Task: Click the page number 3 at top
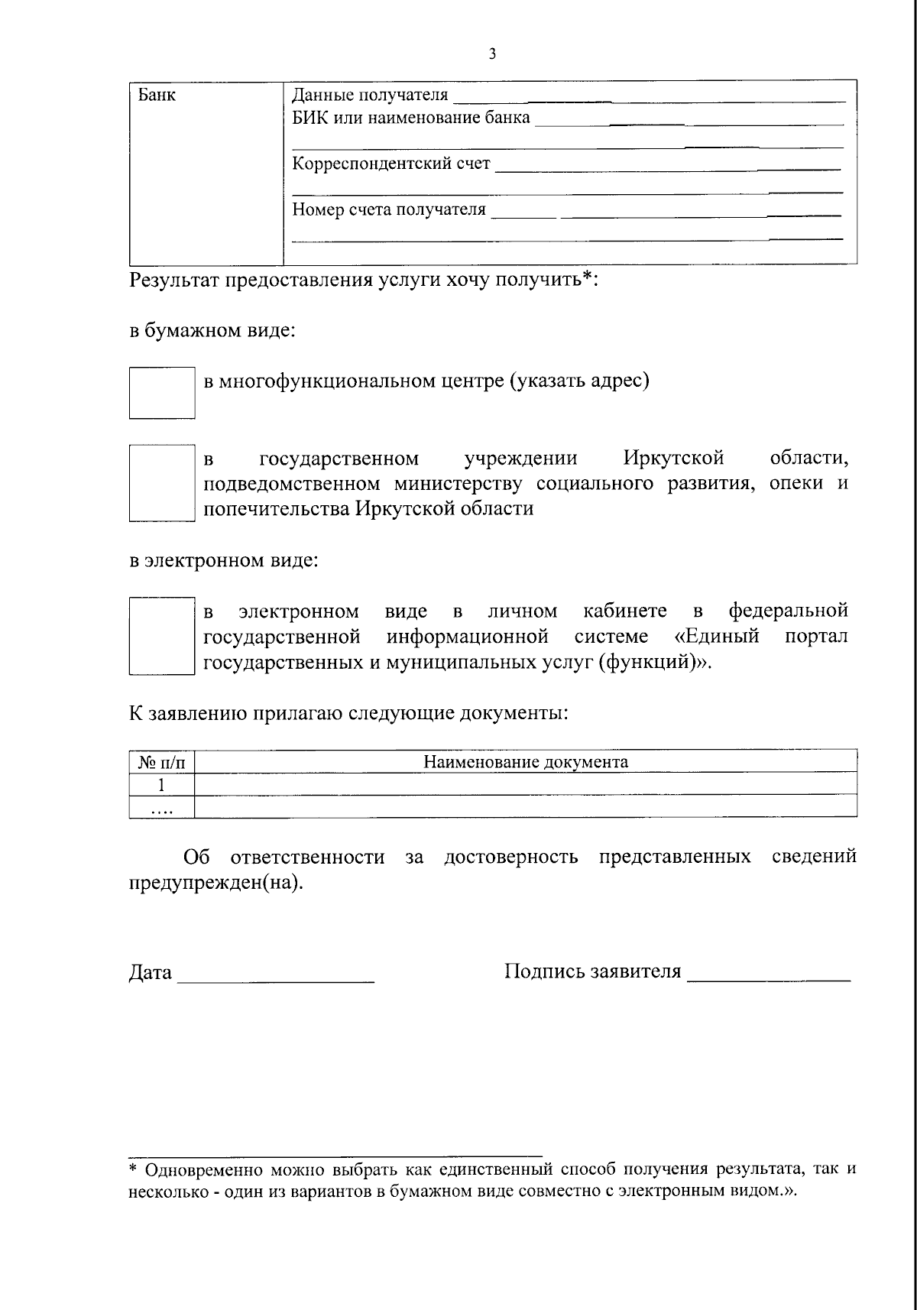point(492,54)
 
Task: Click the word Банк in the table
point(157,96)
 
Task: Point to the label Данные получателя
point(370,96)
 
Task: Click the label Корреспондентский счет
point(391,164)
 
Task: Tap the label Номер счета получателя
point(389,209)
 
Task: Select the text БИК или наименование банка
point(411,118)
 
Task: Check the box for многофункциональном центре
point(162,392)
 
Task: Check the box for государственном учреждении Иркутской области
point(162,483)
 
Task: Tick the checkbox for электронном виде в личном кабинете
point(162,636)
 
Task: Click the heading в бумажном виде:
point(212,331)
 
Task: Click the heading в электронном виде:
point(222,560)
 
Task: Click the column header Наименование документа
point(526,761)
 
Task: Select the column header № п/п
point(161,762)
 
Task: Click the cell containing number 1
point(161,784)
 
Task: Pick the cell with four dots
point(161,808)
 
